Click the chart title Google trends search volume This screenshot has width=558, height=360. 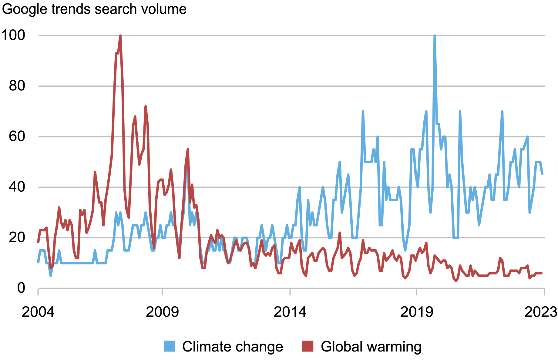tap(94, 9)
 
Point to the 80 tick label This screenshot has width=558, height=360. tap(17, 86)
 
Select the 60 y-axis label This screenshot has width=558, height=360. tap(17, 136)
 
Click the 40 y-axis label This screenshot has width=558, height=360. tap(17, 187)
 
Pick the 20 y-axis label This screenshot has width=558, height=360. tap(17, 237)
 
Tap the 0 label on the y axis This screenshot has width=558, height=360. tap(21, 288)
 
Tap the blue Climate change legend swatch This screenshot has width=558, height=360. tap(170, 346)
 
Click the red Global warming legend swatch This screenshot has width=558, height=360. tap(308, 346)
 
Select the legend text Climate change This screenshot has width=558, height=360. tap(232, 346)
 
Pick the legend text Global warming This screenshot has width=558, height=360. tap(371, 346)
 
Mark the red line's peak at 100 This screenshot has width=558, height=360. tap(120, 36)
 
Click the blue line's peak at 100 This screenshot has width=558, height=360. tap(435, 36)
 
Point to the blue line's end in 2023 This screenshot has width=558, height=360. tap(542, 174)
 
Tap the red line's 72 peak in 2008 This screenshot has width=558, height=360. tap(146, 106)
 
